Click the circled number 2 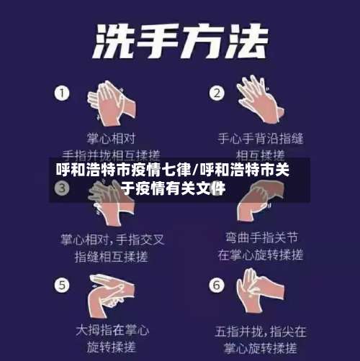tap(216, 93)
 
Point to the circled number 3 tap(63, 188)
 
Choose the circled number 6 tap(216, 285)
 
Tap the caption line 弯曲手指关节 tap(261, 237)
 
